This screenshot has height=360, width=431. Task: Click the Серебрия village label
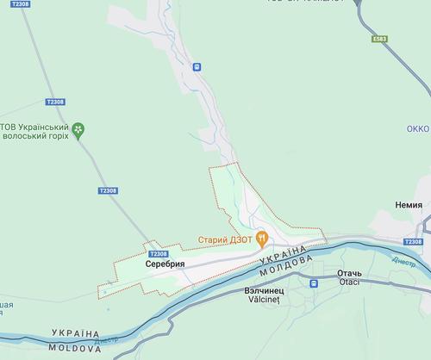165,264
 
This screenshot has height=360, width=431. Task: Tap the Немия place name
409,205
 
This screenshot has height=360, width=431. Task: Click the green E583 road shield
380,39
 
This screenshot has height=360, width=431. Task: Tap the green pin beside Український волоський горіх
78,129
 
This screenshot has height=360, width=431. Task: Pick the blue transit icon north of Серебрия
197,65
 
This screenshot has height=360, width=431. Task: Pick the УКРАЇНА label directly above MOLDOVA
78,332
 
